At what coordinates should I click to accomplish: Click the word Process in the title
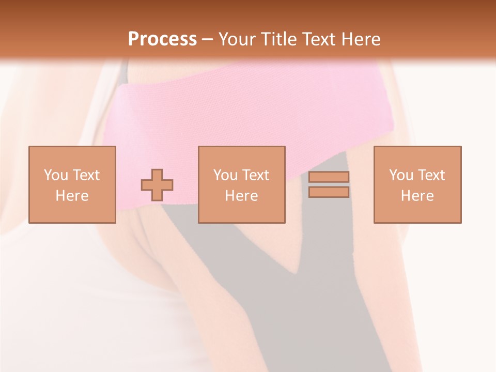(162, 39)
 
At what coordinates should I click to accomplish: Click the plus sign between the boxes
(157, 185)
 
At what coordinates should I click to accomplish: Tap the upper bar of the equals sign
(329, 177)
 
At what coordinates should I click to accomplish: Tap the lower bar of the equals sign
(329, 192)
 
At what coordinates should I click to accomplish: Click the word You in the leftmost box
(55, 175)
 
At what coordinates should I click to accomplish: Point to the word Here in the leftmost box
(72, 196)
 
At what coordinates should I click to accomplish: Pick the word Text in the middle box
(256, 175)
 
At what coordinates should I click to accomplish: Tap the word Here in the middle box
(241, 196)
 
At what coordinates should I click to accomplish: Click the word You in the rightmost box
(401, 175)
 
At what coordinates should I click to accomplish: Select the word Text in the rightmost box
(431, 175)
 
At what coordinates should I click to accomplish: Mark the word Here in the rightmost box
(417, 196)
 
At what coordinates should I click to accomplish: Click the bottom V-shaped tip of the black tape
(295, 272)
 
